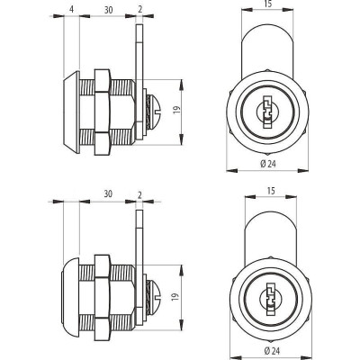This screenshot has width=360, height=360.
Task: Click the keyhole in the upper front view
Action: (x=265, y=112)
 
